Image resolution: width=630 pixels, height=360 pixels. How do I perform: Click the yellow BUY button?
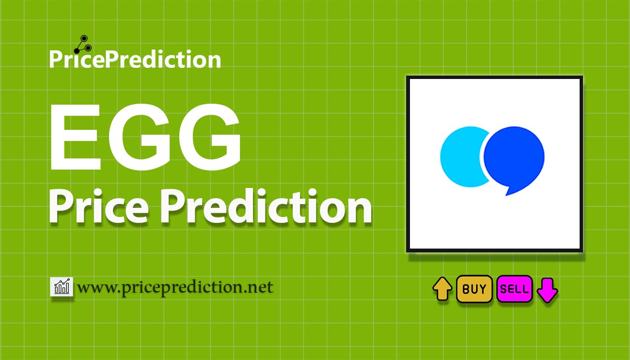click(474, 289)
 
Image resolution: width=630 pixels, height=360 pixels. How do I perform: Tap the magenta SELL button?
click(514, 289)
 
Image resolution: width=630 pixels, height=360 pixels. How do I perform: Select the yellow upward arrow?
click(442, 289)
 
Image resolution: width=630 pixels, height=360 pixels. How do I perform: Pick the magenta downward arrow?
click(547, 290)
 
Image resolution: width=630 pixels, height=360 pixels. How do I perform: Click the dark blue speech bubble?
click(514, 159)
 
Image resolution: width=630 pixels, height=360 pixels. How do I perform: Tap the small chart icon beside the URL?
click(62, 286)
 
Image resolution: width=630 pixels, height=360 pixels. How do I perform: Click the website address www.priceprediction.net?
click(175, 287)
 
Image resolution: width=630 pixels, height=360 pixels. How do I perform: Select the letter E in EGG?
click(75, 137)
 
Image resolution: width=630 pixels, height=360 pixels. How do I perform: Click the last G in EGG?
click(213, 137)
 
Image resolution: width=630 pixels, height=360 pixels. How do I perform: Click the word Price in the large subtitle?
click(99, 206)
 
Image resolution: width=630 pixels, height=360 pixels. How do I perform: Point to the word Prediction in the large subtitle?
click(266, 206)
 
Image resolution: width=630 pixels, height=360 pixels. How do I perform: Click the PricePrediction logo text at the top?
click(135, 59)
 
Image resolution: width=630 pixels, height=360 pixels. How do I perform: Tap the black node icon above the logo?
click(83, 45)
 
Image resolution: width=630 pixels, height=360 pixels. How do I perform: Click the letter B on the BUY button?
click(465, 289)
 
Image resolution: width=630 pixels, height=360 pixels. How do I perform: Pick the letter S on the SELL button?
click(504, 289)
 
